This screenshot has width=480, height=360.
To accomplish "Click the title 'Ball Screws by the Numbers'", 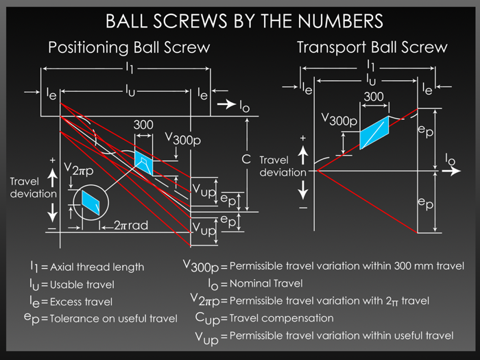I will tap(244, 21).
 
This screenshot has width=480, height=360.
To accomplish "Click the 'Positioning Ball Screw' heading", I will tap(129, 48).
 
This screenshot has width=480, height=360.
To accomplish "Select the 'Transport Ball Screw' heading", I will tap(372, 47).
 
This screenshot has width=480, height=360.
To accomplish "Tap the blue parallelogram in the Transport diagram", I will tap(374, 132).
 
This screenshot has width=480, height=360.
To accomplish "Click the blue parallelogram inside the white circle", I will tap(91, 200).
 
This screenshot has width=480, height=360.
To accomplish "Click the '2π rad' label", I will tap(130, 225).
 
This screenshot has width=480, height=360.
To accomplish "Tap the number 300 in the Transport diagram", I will tap(374, 97).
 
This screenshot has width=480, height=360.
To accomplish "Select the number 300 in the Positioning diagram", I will tap(143, 125).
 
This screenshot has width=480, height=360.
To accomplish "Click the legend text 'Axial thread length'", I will tap(97, 267).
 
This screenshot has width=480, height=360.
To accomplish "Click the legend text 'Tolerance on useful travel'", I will tap(114, 318).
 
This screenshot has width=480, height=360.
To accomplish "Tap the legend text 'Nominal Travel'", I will tap(265, 283).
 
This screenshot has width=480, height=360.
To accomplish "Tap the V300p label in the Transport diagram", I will tap(340, 119).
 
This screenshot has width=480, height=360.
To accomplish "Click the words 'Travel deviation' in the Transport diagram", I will tap(283, 166).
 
